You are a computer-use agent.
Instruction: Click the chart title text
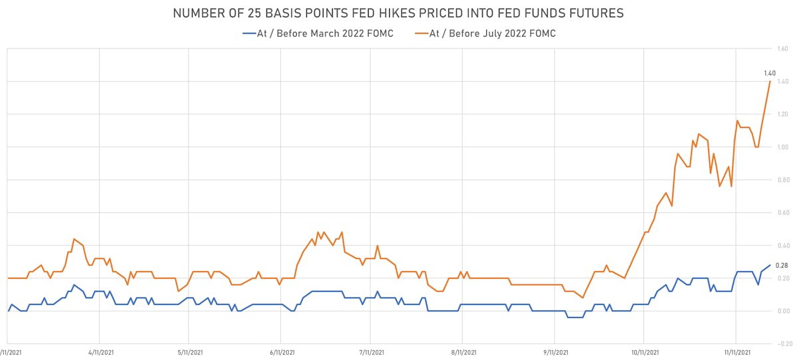coord(398,13)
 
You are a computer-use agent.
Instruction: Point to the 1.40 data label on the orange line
coord(770,73)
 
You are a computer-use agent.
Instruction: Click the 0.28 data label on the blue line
coord(763,265)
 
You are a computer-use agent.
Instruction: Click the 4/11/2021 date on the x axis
coord(98,353)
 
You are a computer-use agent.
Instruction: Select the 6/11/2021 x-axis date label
coord(281,353)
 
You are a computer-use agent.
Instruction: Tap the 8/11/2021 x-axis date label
coord(464,353)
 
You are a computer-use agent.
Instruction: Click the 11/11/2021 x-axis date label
coord(735,353)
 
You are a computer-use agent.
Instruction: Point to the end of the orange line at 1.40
coord(770,82)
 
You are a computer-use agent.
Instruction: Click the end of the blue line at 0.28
coord(770,265)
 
